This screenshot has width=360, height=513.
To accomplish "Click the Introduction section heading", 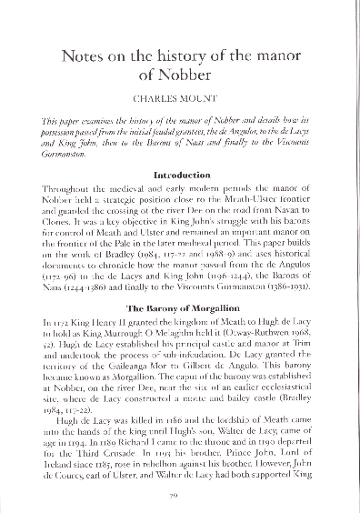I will [x=180, y=173].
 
